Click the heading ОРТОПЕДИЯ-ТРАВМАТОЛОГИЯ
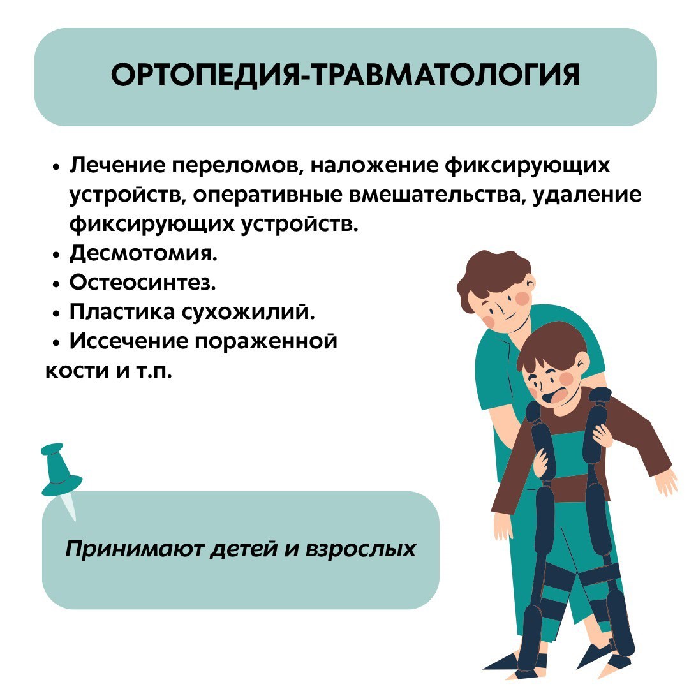345,75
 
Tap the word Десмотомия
144,253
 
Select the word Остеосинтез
143,282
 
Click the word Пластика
122,311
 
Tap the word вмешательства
436,195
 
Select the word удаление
587,195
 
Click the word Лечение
118,165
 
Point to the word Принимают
135,549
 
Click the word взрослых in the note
360,549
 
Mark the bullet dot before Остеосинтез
56,285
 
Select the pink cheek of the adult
524,299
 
